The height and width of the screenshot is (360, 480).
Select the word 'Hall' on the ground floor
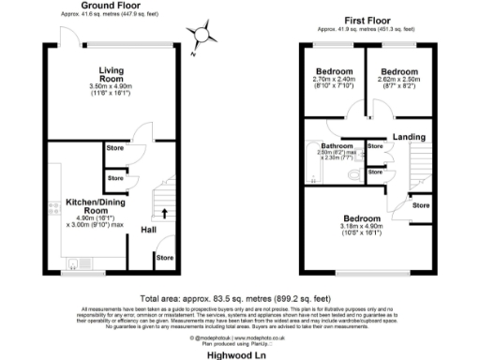coord(149,229)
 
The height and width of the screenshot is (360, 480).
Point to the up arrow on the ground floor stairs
coord(166,213)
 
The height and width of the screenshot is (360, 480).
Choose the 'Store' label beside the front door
coord(165,257)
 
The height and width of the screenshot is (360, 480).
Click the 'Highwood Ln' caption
coord(241,352)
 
